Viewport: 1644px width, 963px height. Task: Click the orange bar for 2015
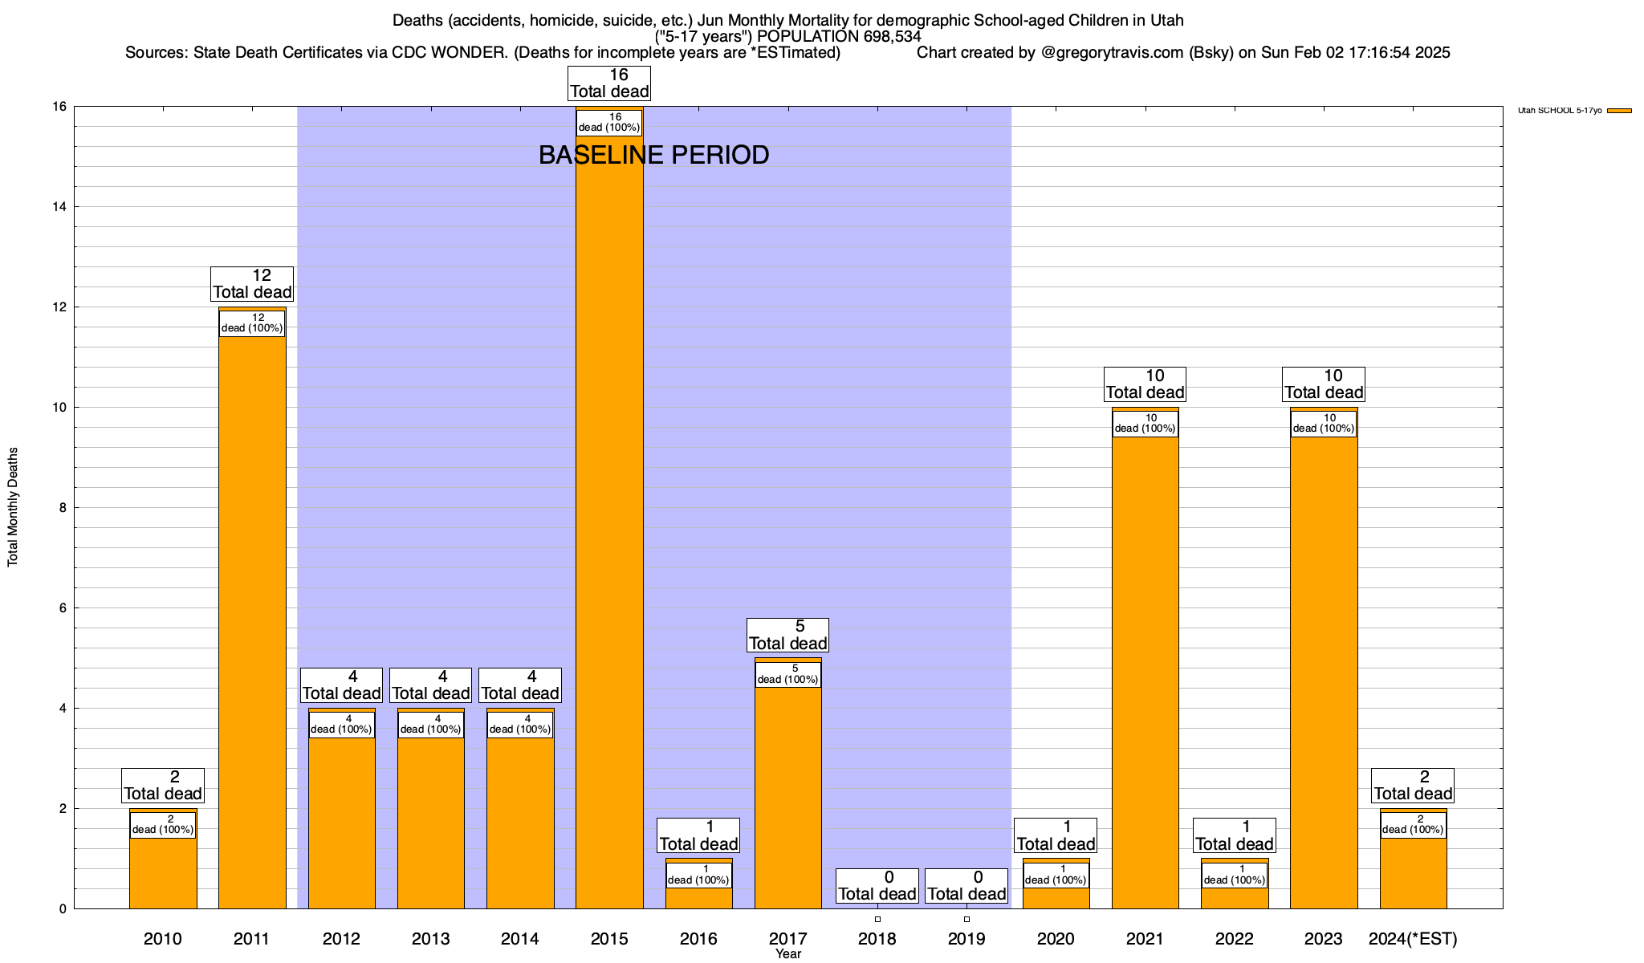609,522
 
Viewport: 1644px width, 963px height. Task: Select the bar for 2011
252,626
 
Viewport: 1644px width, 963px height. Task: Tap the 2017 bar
788,794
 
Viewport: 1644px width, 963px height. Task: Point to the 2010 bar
163,875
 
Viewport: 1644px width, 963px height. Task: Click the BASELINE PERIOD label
653,155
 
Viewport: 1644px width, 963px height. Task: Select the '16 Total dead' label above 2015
609,83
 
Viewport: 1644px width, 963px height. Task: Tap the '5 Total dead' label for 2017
787,635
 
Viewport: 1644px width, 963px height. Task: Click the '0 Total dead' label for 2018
877,886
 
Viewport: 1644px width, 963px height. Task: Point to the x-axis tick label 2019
966,939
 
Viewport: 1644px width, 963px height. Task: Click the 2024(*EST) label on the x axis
1413,939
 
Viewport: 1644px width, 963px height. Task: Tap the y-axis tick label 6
62,608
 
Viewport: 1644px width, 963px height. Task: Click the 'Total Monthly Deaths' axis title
13,507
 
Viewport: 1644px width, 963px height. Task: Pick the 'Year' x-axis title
788,954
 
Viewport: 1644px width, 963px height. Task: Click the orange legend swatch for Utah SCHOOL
1619,111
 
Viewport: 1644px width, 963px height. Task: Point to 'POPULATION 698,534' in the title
839,36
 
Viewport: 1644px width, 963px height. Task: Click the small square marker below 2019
966,919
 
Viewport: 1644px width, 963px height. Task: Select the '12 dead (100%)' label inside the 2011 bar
252,323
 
